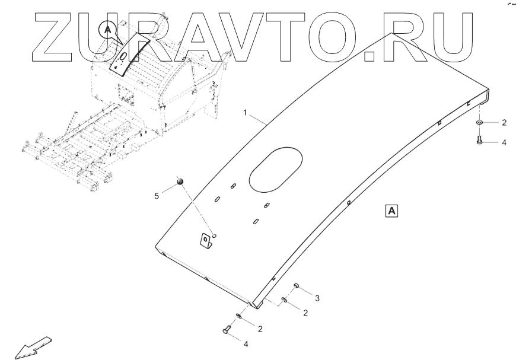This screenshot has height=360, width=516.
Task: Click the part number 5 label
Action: click(157, 196)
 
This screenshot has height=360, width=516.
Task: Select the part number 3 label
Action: click(317, 297)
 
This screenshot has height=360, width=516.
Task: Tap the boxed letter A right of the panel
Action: click(393, 210)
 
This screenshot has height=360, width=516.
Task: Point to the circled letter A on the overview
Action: click(107, 28)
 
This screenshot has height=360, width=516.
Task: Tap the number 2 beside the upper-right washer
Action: click(504, 123)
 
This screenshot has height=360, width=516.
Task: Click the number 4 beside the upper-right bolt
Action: click(504, 142)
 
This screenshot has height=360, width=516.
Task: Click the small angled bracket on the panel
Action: click(205, 240)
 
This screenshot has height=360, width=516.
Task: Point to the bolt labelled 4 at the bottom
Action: click(227, 330)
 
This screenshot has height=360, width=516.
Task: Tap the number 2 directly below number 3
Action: click(305, 312)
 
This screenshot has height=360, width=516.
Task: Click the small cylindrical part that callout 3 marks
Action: click(295, 286)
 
